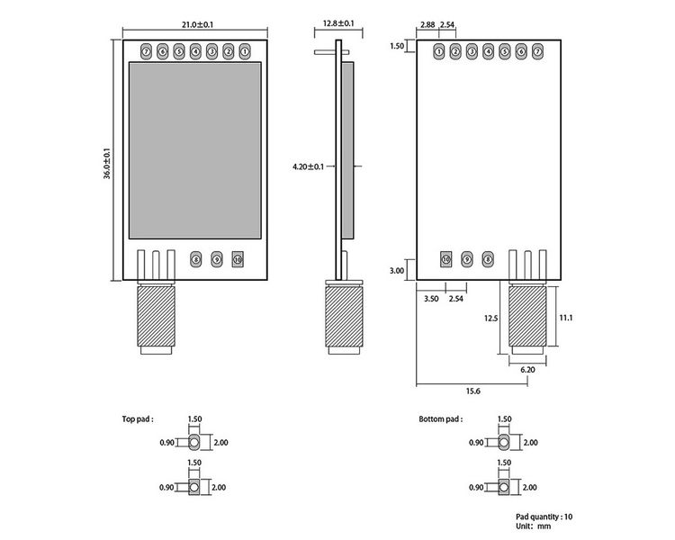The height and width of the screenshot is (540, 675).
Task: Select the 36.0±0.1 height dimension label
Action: pyautogui.click(x=107, y=160)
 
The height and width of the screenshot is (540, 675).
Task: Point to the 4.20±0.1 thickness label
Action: pyautogui.click(x=309, y=166)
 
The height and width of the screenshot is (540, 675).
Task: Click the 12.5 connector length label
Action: pyautogui.click(x=490, y=318)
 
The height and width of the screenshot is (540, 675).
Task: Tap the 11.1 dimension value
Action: pyautogui.click(x=566, y=318)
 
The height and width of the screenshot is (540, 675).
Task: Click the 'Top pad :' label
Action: pyautogui.click(x=138, y=419)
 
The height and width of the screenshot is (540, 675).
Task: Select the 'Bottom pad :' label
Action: pyautogui.click(x=440, y=419)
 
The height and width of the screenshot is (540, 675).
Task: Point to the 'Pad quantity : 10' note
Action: pyautogui.click(x=544, y=517)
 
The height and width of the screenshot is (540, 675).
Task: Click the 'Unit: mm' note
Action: pyautogui.click(x=537, y=526)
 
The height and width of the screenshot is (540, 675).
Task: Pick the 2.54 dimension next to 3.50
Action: pyautogui.click(x=455, y=297)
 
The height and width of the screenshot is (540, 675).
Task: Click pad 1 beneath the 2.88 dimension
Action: pyautogui.click(x=438, y=52)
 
